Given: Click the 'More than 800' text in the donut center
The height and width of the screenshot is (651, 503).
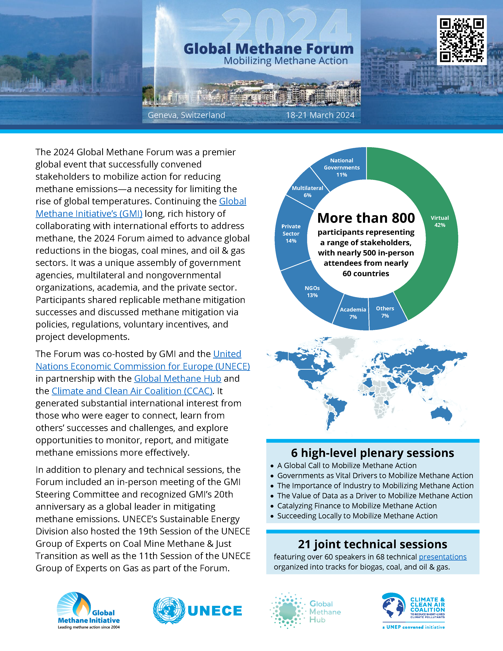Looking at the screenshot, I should (366, 218).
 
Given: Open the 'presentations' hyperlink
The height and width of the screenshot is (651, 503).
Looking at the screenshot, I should (442, 557).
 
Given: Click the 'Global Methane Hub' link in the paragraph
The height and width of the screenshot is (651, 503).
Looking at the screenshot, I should (178, 379).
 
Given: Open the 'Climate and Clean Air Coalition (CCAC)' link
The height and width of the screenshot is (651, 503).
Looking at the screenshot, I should (132, 391).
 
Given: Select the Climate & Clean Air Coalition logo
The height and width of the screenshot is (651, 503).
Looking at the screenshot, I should (414, 611).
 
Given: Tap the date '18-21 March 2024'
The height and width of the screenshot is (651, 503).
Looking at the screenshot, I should (320, 115).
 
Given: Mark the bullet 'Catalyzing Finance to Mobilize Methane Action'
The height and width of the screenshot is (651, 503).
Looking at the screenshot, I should (357, 506).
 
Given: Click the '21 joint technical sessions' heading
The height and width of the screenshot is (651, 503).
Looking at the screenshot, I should (372, 544).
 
